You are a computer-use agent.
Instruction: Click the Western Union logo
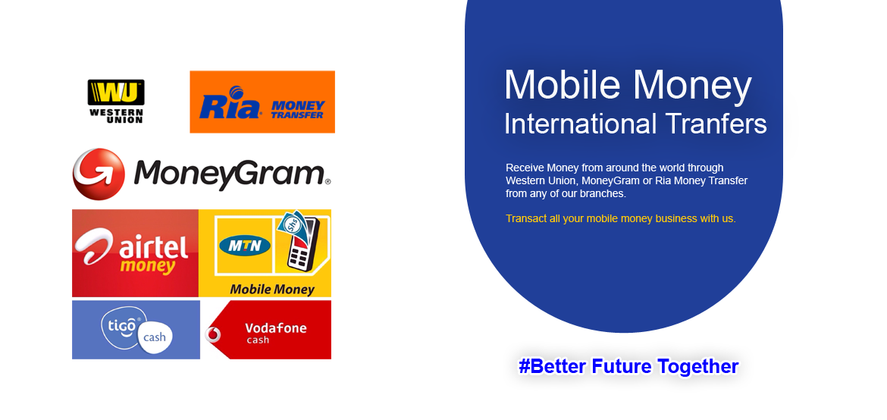tap(116, 102)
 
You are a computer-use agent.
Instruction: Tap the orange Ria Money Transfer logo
tap(262, 102)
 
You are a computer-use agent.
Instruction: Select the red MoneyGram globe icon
tap(99, 174)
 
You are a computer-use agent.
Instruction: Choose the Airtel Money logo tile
tap(135, 253)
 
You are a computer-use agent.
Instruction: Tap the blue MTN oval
tap(245, 246)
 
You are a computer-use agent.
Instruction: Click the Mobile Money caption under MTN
tap(272, 290)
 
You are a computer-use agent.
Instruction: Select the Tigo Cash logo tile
tap(136, 330)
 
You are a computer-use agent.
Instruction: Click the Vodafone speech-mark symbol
tap(213, 334)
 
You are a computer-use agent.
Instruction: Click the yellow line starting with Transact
tap(621, 218)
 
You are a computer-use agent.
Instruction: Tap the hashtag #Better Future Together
tap(628, 366)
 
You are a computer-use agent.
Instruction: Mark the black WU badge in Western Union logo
tap(116, 92)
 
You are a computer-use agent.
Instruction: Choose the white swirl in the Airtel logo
tap(97, 245)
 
